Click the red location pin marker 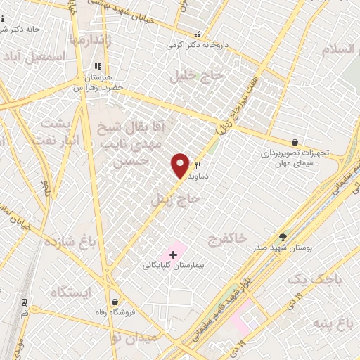pos(181,165)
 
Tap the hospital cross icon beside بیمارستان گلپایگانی pos(173,253)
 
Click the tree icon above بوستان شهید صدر pos(283,237)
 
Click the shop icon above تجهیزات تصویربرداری pos(293,141)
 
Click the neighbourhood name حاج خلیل pos(188,75)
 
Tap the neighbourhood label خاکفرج pos(227,240)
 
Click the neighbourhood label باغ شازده pos(70,243)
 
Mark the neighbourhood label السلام pos(340,51)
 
